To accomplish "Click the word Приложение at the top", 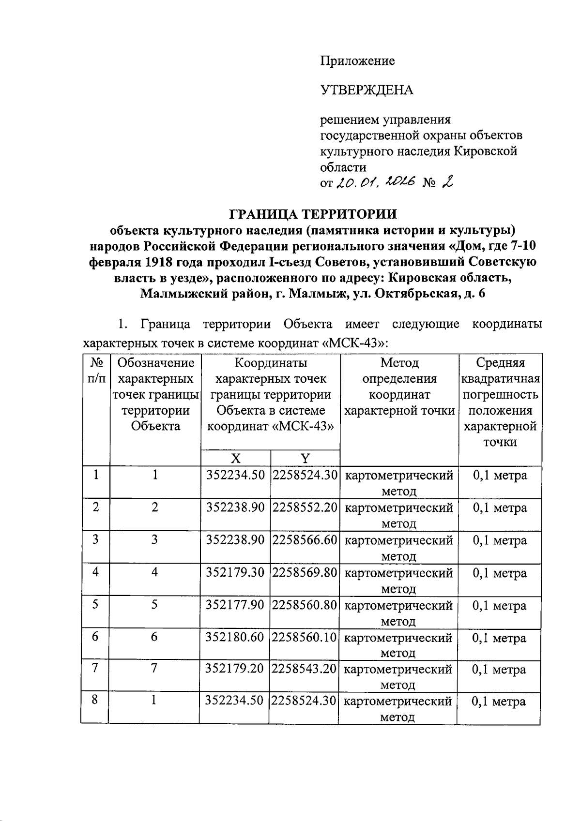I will pyautogui.click(x=357, y=61).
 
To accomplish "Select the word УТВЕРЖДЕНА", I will pyautogui.click(x=367, y=90).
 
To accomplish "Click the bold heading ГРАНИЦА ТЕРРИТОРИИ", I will pyautogui.click(x=312, y=213).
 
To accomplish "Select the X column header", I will pyautogui.click(x=236, y=458).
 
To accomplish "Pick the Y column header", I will pyautogui.click(x=305, y=458).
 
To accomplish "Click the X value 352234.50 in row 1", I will pyautogui.click(x=236, y=475).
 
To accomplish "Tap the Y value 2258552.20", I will pyautogui.click(x=305, y=508).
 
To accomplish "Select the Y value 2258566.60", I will pyautogui.click(x=305, y=539).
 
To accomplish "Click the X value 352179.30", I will pyautogui.click(x=235, y=572).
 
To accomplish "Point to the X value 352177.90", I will pyautogui.click(x=235, y=605).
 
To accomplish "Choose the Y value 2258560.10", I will pyautogui.click(x=304, y=637).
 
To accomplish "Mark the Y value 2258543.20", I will pyautogui.click(x=304, y=669).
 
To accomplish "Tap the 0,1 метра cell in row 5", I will pyautogui.click(x=500, y=605).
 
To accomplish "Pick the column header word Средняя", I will pyautogui.click(x=500, y=363).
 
